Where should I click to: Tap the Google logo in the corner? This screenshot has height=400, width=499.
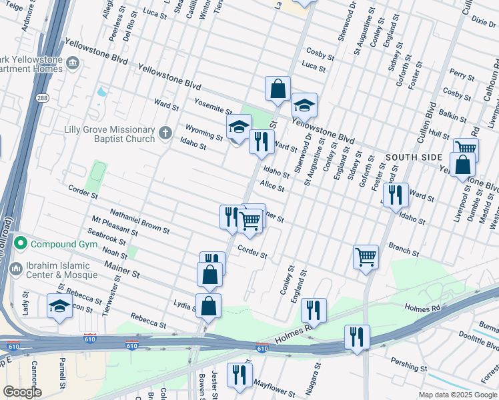click(22, 393)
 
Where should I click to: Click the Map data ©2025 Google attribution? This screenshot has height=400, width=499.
click(457, 395)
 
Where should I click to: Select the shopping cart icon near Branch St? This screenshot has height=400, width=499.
click(366, 255)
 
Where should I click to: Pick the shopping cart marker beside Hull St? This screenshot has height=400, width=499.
click(466, 149)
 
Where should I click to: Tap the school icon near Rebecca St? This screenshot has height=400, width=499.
click(60, 306)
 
